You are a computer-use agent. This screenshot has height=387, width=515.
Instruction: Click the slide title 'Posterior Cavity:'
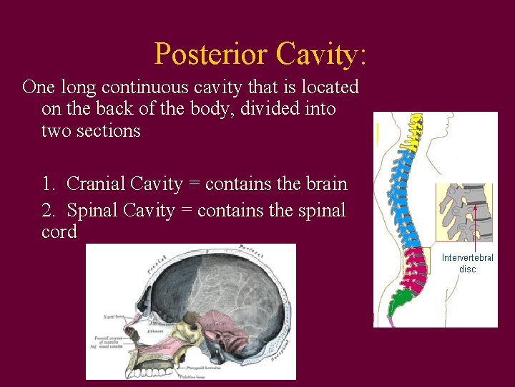(260, 54)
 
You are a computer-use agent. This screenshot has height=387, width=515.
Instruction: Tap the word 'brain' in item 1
(325, 184)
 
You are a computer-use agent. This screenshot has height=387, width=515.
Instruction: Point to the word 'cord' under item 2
(59, 233)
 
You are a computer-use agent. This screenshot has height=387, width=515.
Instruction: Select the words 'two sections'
(91, 131)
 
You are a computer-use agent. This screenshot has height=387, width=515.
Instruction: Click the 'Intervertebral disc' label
(467, 263)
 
